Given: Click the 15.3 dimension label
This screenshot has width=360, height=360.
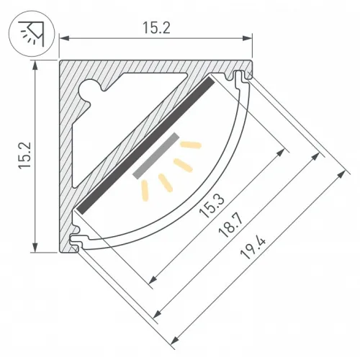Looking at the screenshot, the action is [212, 206].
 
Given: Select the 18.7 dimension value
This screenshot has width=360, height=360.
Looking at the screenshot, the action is [231, 226].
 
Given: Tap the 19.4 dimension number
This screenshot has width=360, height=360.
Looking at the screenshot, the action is [253, 248].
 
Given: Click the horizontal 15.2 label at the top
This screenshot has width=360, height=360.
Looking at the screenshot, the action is [156, 28].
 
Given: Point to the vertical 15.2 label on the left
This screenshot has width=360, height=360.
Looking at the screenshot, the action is [25, 156].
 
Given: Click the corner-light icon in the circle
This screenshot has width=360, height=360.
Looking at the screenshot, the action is [32, 34].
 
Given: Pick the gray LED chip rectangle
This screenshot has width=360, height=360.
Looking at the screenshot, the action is [156, 156].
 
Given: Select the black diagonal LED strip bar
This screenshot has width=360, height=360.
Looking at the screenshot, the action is [145, 145].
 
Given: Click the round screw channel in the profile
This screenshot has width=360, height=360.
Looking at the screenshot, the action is [89, 89].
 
